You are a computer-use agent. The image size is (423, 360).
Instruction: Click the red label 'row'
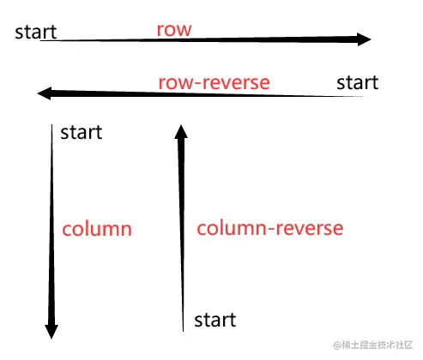(x=173, y=29)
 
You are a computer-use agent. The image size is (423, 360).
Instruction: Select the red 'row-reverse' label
(x=214, y=83)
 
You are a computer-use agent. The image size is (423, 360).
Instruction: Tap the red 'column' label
(x=96, y=229)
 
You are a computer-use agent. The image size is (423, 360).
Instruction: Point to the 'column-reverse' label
(x=269, y=229)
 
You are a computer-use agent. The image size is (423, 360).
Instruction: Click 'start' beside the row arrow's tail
(x=36, y=33)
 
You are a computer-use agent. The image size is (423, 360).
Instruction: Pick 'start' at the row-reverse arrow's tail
(x=357, y=82)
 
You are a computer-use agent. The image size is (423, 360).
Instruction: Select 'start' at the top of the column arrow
(x=81, y=132)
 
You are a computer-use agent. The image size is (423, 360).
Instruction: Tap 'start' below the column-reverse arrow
(x=215, y=321)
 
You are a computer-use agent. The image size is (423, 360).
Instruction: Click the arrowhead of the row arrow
(x=364, y=39)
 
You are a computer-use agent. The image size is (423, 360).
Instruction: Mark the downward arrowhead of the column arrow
(x=51, y=329)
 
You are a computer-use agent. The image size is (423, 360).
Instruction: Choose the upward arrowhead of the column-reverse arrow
(x=180, y=131)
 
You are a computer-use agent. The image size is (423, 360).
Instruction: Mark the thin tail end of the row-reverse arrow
(x=366, y=97)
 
